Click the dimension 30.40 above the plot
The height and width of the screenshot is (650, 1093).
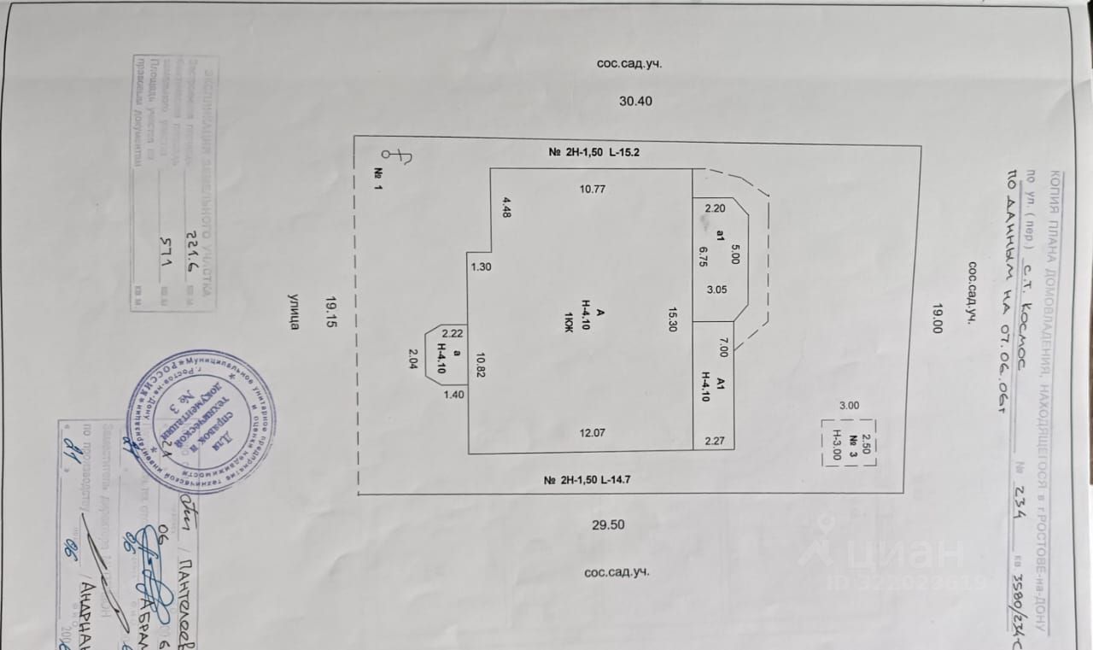tap(635, 101)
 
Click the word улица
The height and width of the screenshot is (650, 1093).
tap(294, 313)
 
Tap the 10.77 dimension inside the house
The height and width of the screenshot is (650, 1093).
tap(592, 189)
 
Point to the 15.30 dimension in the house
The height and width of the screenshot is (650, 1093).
tap(674, 319)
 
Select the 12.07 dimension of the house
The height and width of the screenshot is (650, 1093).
tap(592, 433)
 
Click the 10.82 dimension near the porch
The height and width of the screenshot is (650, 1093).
tap(481, 365)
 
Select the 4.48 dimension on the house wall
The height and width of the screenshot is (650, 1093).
tap(506, 208)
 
